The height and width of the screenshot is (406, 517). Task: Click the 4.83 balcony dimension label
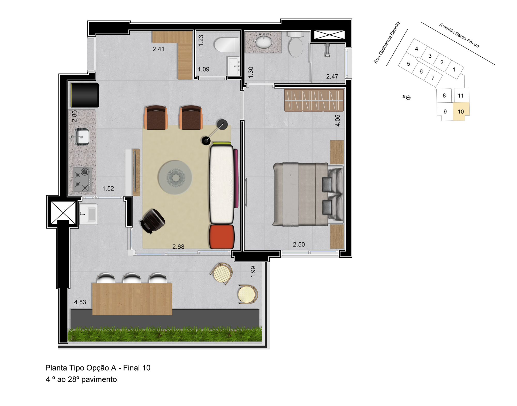click(x=80, y=302)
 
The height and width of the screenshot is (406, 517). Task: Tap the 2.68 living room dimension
click(x=178, y=247)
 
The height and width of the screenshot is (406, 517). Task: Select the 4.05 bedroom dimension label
click(x=338, y=120)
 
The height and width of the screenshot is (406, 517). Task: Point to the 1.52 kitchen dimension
click(x=108, y=189)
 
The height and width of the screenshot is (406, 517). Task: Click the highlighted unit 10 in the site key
click(x=461, y=112)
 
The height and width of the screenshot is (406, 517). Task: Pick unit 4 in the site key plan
click(x=416, y=49)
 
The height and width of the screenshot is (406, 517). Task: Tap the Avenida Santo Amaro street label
click(x=459, y=35)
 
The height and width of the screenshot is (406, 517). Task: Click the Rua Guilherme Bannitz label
click(x=387, y=42)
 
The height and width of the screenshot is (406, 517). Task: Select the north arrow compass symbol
click(x=407, y=97)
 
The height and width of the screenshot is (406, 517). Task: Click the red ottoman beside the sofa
click(x=222, y=237)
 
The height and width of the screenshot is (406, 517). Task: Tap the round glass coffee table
click(x=175, y=177)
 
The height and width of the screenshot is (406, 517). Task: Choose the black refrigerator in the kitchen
click(x=85, y=95)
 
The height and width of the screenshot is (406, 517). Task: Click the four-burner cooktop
click(x=83, y=179)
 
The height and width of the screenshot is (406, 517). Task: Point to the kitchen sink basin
click(x=82, y=137)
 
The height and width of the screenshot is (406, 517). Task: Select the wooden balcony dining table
click(x=132, y=299)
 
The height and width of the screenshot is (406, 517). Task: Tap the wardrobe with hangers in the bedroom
click(x=314, y=100)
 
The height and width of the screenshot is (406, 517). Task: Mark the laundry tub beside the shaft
click(x=88, y=214)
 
